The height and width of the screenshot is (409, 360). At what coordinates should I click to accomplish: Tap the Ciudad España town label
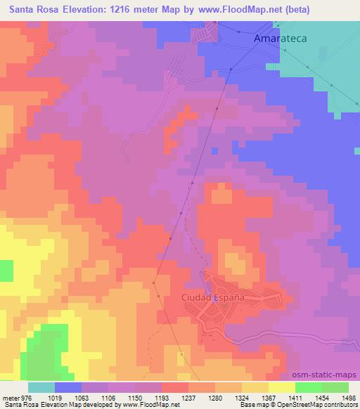[213, 297]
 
